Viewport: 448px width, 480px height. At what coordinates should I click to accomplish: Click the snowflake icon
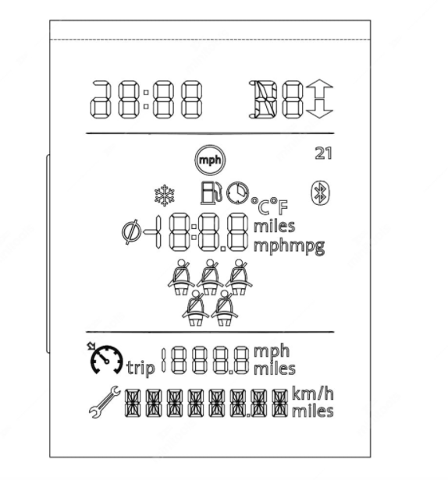pos(165,195)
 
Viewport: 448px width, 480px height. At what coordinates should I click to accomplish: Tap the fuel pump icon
pos(211,192)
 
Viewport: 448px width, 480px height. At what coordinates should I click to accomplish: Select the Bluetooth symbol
pos(321,193)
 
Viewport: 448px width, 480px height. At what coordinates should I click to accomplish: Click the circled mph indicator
pos(210,160)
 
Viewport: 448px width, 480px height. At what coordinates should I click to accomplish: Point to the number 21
pos(323,154)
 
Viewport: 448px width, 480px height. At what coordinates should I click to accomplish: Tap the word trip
pos(140,368)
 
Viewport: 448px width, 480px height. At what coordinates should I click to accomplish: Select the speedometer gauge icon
pos(106,358)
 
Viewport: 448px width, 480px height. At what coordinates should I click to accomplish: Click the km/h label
pos(312,394)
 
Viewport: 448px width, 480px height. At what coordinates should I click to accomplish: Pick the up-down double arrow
pos(319,98)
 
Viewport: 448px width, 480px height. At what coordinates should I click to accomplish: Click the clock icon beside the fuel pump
pos(237,192)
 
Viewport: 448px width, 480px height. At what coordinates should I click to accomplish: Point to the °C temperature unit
pos(260,206)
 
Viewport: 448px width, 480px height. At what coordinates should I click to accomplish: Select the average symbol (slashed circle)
pos(132,232)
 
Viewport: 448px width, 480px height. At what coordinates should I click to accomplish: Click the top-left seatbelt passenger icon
pos(181,277)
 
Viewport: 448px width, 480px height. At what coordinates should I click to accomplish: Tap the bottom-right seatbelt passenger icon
pos(225,308)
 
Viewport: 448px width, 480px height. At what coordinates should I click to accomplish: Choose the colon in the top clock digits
pos(146,99)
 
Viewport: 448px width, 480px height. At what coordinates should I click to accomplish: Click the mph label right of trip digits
pos(272,351)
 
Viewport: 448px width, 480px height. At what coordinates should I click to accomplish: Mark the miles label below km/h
pos(312,411)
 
